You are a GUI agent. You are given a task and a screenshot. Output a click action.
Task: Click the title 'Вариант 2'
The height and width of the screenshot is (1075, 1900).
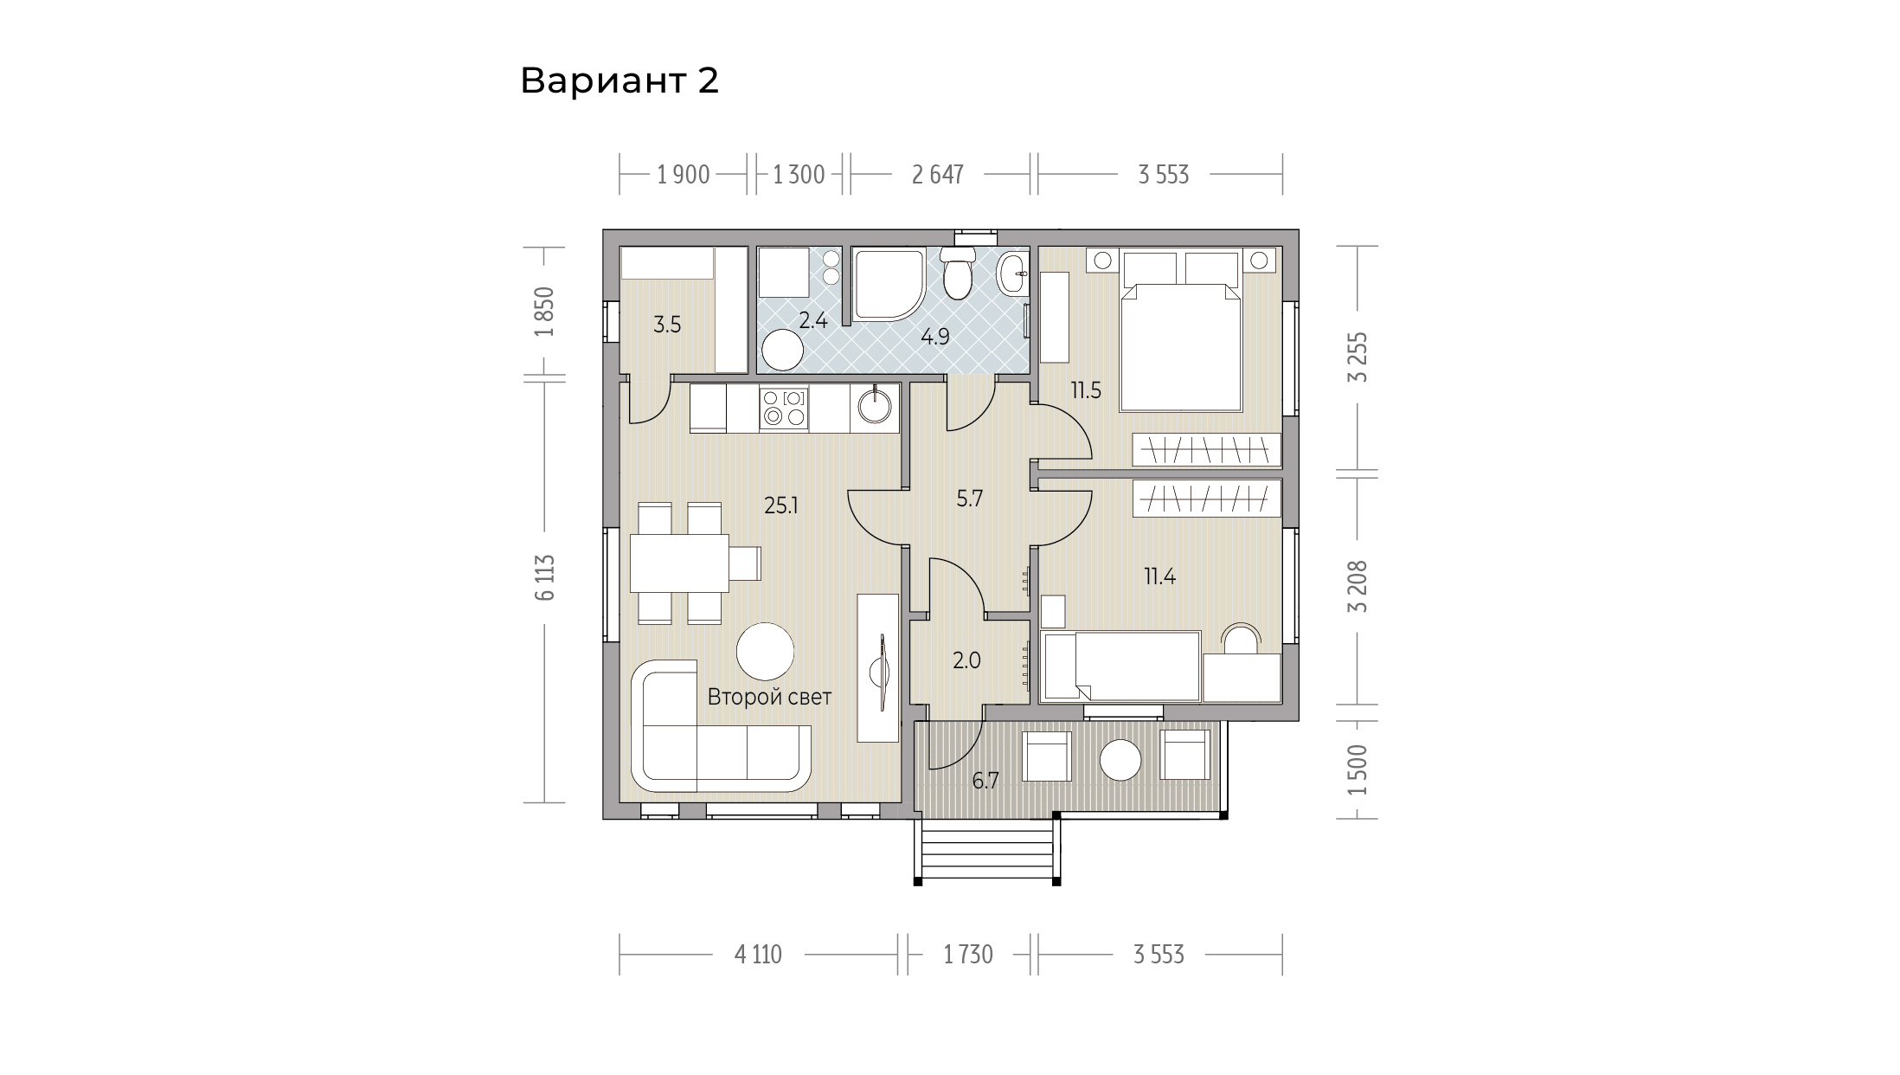(x=619, y=81)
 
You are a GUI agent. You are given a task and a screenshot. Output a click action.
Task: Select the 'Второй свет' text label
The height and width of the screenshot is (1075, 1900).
(x=769, y=697)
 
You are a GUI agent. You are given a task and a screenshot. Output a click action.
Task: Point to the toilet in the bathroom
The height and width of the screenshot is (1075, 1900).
(x=957, y=272)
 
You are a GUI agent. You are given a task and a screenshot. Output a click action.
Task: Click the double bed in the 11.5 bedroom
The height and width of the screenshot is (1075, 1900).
(x=1182, y=331)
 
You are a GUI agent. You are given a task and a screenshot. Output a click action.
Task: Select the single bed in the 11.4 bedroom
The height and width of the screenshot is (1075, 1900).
(x=1121, y=666)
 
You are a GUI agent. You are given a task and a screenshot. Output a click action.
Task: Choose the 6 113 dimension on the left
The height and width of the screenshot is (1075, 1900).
(x=544, y=577)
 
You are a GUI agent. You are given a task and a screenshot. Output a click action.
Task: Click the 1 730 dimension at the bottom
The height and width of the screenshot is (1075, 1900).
(x=968, y=955)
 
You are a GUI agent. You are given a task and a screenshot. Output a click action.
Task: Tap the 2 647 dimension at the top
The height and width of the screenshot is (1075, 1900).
(x=938, y=175)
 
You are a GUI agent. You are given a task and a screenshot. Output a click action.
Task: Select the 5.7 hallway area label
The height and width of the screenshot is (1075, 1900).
(x=969, y=499)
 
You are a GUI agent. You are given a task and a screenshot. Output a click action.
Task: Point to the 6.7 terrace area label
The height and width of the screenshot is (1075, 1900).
(x=985, y=782)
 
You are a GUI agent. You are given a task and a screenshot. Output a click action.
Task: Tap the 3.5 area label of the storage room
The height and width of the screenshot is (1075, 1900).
(x=667, y=325)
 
